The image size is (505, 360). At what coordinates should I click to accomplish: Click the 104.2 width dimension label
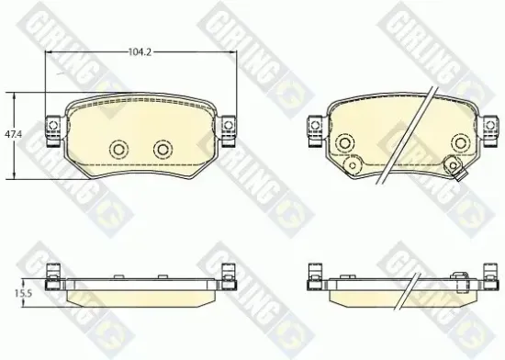click(140, 51)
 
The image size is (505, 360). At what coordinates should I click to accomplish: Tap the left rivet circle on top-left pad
click(118, 150)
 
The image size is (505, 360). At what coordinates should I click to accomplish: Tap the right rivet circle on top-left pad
click(163, 150)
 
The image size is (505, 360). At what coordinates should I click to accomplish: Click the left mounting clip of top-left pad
click(53, 131)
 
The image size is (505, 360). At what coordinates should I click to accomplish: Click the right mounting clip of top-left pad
click(229, 131)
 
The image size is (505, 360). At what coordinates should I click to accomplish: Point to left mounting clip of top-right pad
click(315, 131)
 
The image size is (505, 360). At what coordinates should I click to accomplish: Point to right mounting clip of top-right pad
click(490, 131)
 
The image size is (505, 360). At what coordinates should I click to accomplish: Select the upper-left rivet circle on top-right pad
click(344, 142)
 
